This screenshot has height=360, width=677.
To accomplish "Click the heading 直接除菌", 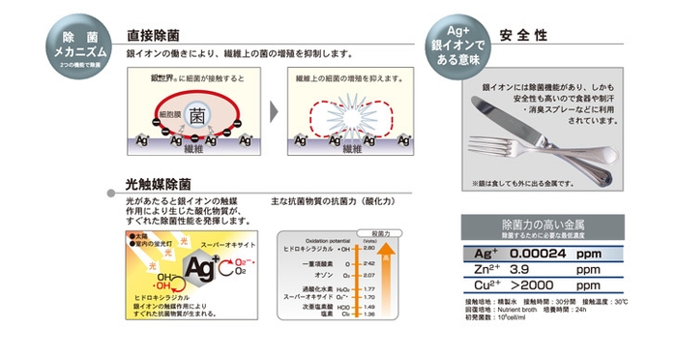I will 153,35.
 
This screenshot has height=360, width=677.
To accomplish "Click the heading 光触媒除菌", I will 159,183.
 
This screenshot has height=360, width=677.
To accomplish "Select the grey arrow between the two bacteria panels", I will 275,111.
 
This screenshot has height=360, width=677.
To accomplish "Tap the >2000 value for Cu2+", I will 530,286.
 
